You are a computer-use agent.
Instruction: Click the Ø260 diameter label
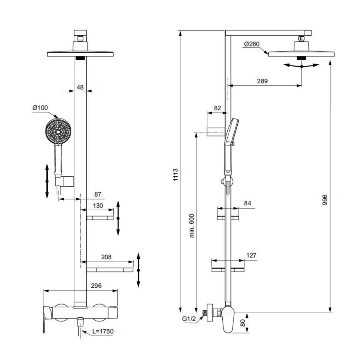click(252, 44)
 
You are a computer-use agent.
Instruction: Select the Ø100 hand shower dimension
click(40, 108)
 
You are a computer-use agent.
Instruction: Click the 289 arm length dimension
click(262, 81)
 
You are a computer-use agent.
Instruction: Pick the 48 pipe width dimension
click(80, 87)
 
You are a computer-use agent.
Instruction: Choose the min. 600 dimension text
click(192, 226)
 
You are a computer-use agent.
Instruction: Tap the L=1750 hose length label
click(102, 331)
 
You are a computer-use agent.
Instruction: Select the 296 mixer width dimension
click(96, 286)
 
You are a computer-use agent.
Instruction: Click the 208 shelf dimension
click(106, 257)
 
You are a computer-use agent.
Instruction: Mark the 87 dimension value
click(98, 194)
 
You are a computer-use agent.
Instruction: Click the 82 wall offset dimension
click(217, 108)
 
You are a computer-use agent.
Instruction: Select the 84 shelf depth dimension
click(248, 203)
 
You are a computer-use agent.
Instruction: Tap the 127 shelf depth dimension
click(251, 255)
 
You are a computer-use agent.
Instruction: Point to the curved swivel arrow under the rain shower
click(301, 66)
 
